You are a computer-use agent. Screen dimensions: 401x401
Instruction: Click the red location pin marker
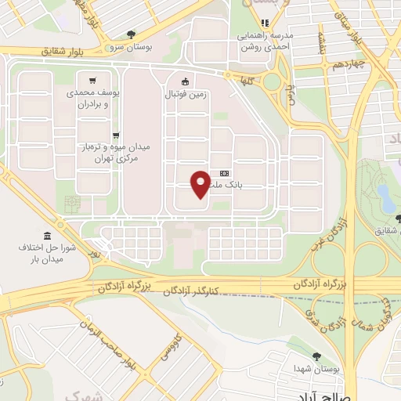click(x=201, y=183)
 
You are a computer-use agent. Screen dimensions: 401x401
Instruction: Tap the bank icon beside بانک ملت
click(x=225, y=173)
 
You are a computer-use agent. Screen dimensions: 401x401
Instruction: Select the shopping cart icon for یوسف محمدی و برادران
click(x=93, y=80)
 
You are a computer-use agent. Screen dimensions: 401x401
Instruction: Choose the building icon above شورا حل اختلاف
click(x=48, y=236)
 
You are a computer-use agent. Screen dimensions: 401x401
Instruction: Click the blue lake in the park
click(x=385, y=196)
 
